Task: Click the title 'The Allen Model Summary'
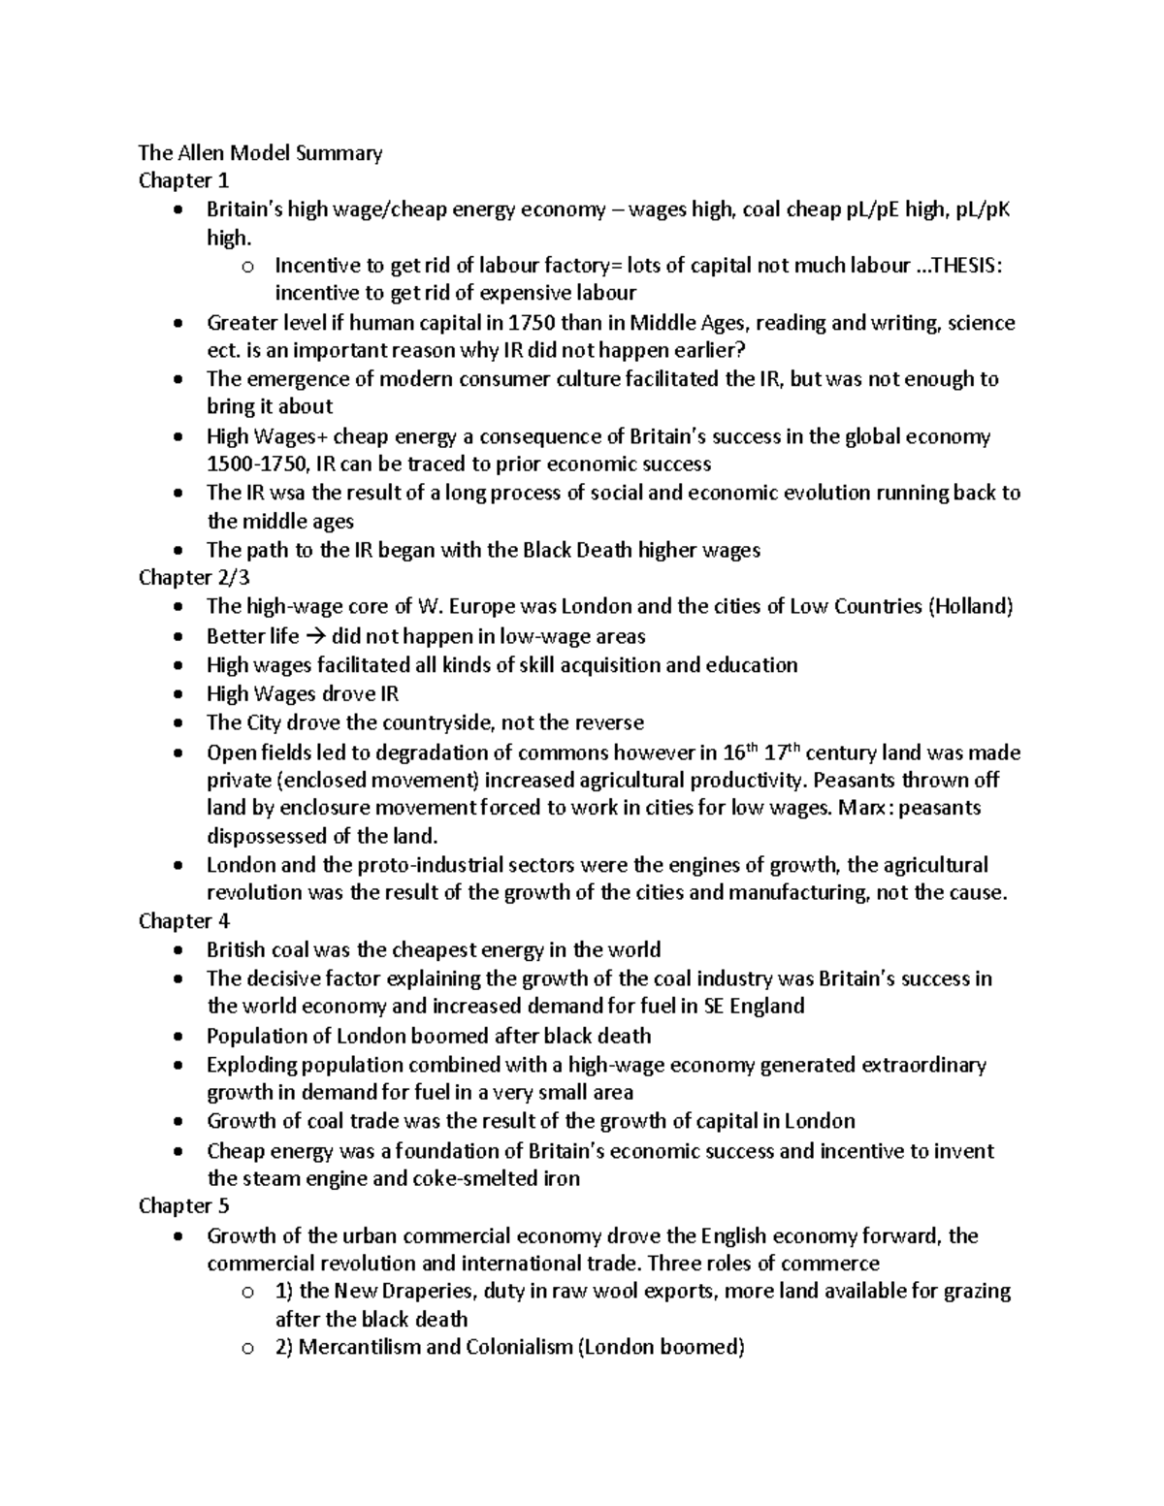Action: click(260, 152)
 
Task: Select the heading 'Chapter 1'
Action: click(183, 180)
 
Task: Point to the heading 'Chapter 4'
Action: click(183, 920)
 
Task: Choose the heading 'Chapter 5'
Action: click(183, 1205)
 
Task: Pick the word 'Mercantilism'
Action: click(360, 1348)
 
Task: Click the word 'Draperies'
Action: click(435, 1292)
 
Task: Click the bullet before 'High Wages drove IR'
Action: click(175, 695)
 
